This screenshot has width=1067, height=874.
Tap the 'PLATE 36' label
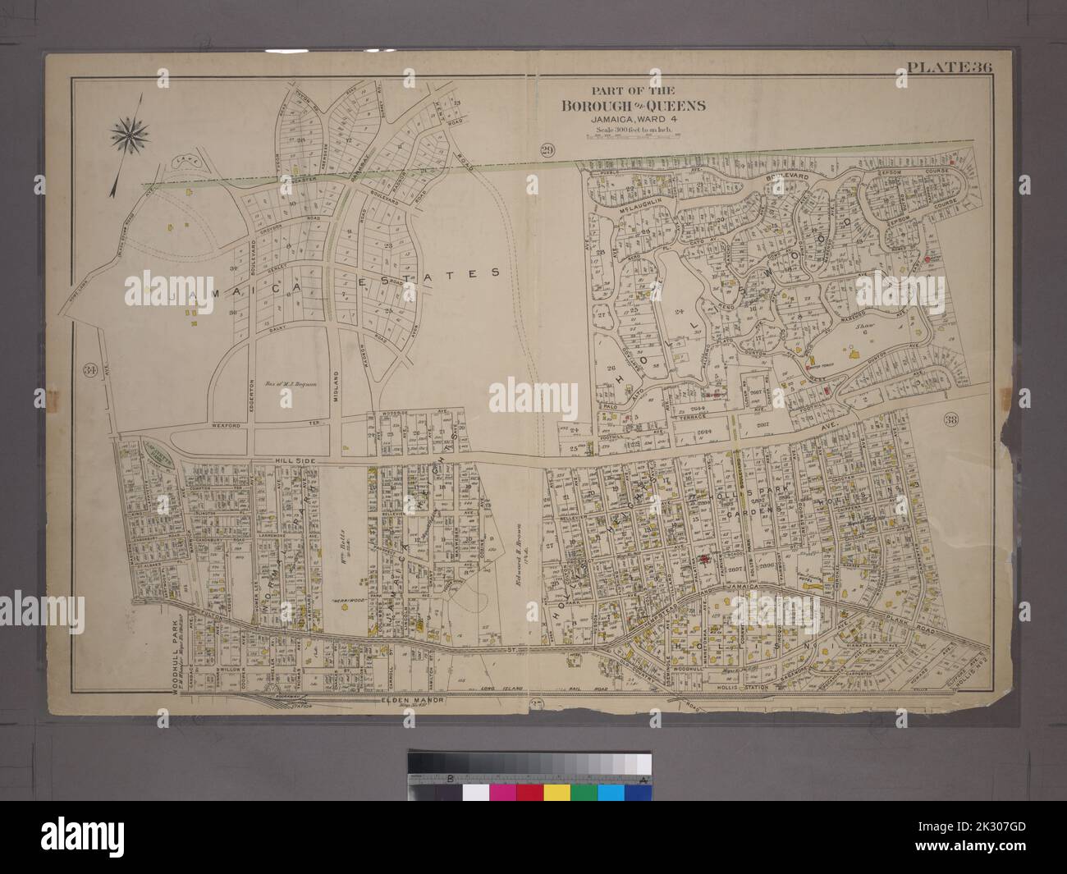pyautogui.click(x=951, y=68)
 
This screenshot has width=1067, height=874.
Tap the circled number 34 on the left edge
pyautogui.click(x=89, y=370)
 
